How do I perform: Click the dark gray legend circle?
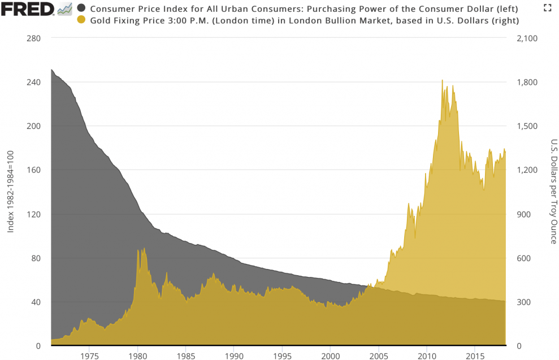[x=81, y=8]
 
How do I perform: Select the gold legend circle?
[x=81, y=20]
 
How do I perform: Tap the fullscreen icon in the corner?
[x=547, y=7]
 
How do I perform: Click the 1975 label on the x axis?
[x=89, y=356]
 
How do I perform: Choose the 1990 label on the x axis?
[x=234, y=356]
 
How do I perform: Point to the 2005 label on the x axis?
[x=379, y=356]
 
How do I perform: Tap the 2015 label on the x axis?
[x=475, y=356]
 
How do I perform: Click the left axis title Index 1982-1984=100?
[x=10, y=192]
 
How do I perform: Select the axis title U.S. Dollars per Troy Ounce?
[x=553, y=192]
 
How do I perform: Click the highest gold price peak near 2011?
[x=442, y=80]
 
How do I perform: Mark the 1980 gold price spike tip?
[x=138, y=249]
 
